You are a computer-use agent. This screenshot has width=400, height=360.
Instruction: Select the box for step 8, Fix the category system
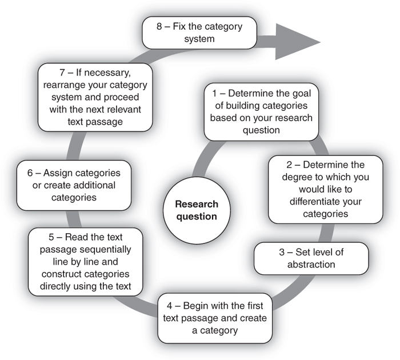199,33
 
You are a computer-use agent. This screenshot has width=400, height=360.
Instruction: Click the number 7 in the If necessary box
61,74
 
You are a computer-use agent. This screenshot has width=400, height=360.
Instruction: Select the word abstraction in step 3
298,265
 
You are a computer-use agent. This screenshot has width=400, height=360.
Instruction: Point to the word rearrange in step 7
63,86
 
